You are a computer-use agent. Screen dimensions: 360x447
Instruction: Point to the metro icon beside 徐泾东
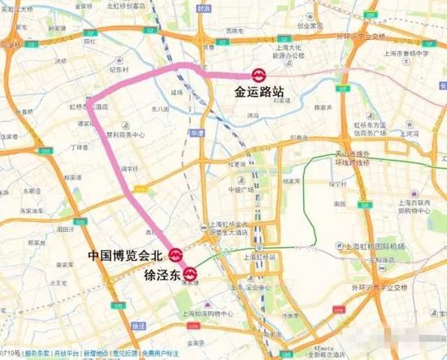(190, 273)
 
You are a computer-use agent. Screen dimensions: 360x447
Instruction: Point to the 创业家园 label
(310, 24)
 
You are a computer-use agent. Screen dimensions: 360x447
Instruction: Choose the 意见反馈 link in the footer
(124, 354)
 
